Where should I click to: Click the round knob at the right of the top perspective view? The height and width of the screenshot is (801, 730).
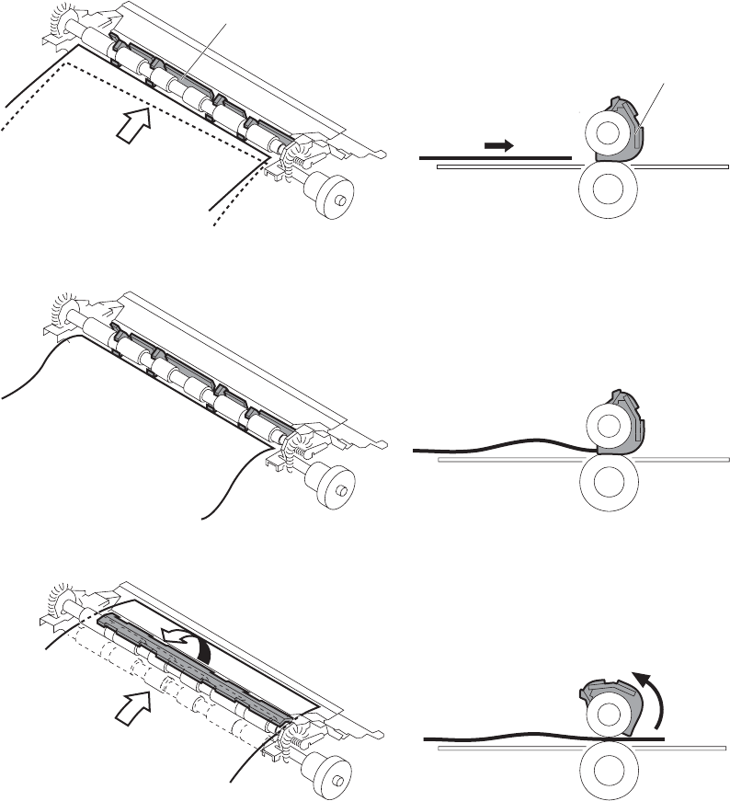332,197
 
